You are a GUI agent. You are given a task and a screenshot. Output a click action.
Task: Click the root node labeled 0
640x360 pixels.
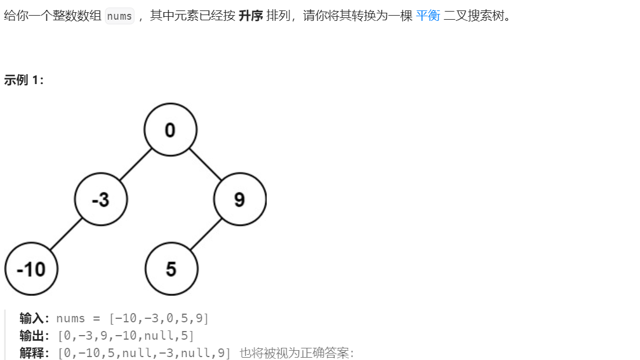tap(170, 130)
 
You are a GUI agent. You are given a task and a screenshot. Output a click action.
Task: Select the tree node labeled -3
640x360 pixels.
tap(101, 199)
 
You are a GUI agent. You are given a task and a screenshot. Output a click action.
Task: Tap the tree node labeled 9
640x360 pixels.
tap(239, 199)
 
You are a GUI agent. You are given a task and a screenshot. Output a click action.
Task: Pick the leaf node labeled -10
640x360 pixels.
tap(31, 269)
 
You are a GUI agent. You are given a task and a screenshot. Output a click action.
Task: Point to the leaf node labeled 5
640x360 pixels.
tap(171, 269)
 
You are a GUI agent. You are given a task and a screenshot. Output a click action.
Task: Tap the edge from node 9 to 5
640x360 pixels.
tap(206, 234)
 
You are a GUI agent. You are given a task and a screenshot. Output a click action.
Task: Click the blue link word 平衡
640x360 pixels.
tap(428, 16)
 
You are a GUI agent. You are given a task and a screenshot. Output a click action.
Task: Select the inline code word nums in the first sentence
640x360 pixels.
tap(119, 16)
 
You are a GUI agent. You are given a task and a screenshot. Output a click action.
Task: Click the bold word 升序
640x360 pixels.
tap(250, 16)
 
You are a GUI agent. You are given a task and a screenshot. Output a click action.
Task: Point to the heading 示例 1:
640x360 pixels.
tap(24, 81)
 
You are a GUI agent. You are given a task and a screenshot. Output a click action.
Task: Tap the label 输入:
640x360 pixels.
tap(36, 318)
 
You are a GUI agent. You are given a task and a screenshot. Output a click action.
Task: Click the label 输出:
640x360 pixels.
tap(36, 336)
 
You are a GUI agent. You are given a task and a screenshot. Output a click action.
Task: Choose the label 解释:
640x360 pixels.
tap(36, 353)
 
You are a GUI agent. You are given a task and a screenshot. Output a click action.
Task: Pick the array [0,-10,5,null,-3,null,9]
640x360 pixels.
tap(144, 353)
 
